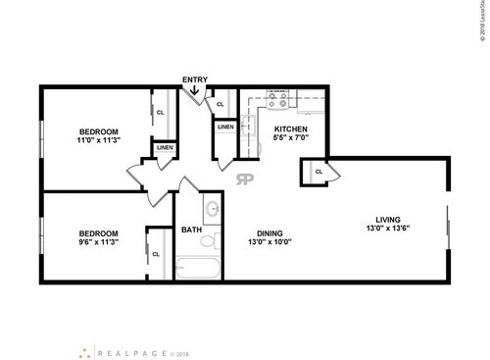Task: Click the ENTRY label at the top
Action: pos(195,78)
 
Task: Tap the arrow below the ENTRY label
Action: pos(195,92)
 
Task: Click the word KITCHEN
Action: pos(291,129)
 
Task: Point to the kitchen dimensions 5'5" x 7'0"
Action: pos(291,139)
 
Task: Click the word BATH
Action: pos(191,231)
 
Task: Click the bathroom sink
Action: pos(212,209)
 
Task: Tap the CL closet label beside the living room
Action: pos(318,173)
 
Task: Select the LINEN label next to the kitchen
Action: pos(225,127)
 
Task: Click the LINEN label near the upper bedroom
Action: pos(164,148)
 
